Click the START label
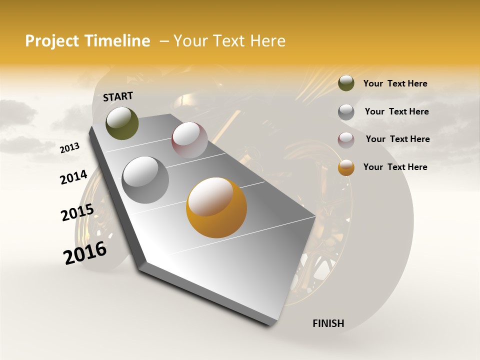118,96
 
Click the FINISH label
328,323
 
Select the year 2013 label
69,148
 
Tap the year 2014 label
73,177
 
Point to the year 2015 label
77,212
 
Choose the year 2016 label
85,253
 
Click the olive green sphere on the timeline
122,123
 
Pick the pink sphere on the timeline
189,140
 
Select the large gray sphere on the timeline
145,180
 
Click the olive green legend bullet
346,83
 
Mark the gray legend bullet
346,112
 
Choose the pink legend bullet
346,140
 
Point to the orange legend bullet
346,167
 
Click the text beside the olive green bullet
395,83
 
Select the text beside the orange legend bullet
395,167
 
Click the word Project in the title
52,41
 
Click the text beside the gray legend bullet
396,111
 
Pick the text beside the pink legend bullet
397,139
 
